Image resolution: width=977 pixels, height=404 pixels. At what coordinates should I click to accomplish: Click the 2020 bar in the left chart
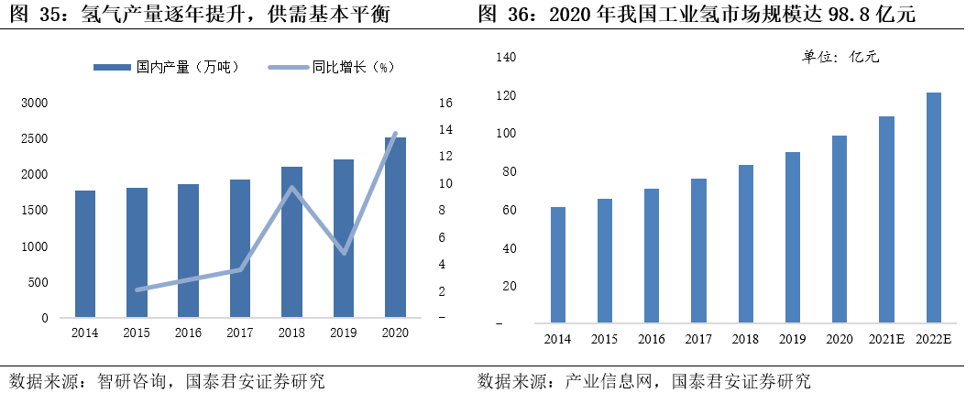(395, 228)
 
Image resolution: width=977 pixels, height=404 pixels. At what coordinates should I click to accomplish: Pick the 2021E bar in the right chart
(886, 220)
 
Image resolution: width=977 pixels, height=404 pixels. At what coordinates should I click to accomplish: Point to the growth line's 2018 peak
(291, 188)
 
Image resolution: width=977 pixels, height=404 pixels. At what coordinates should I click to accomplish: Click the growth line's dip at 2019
(343, 253)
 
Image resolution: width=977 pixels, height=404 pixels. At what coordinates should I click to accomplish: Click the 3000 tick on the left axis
(34, 103)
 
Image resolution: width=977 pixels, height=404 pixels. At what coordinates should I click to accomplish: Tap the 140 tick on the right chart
(507, 57)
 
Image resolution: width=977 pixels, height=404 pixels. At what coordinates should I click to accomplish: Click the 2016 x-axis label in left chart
(188, 333)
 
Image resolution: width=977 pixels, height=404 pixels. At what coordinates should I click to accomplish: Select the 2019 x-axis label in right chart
(793, 340)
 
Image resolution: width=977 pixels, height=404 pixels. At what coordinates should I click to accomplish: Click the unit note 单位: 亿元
(840, 57)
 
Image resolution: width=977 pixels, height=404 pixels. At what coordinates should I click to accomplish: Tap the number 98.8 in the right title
(827, 16)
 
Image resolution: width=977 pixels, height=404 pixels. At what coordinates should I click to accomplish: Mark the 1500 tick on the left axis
(34, 211)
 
